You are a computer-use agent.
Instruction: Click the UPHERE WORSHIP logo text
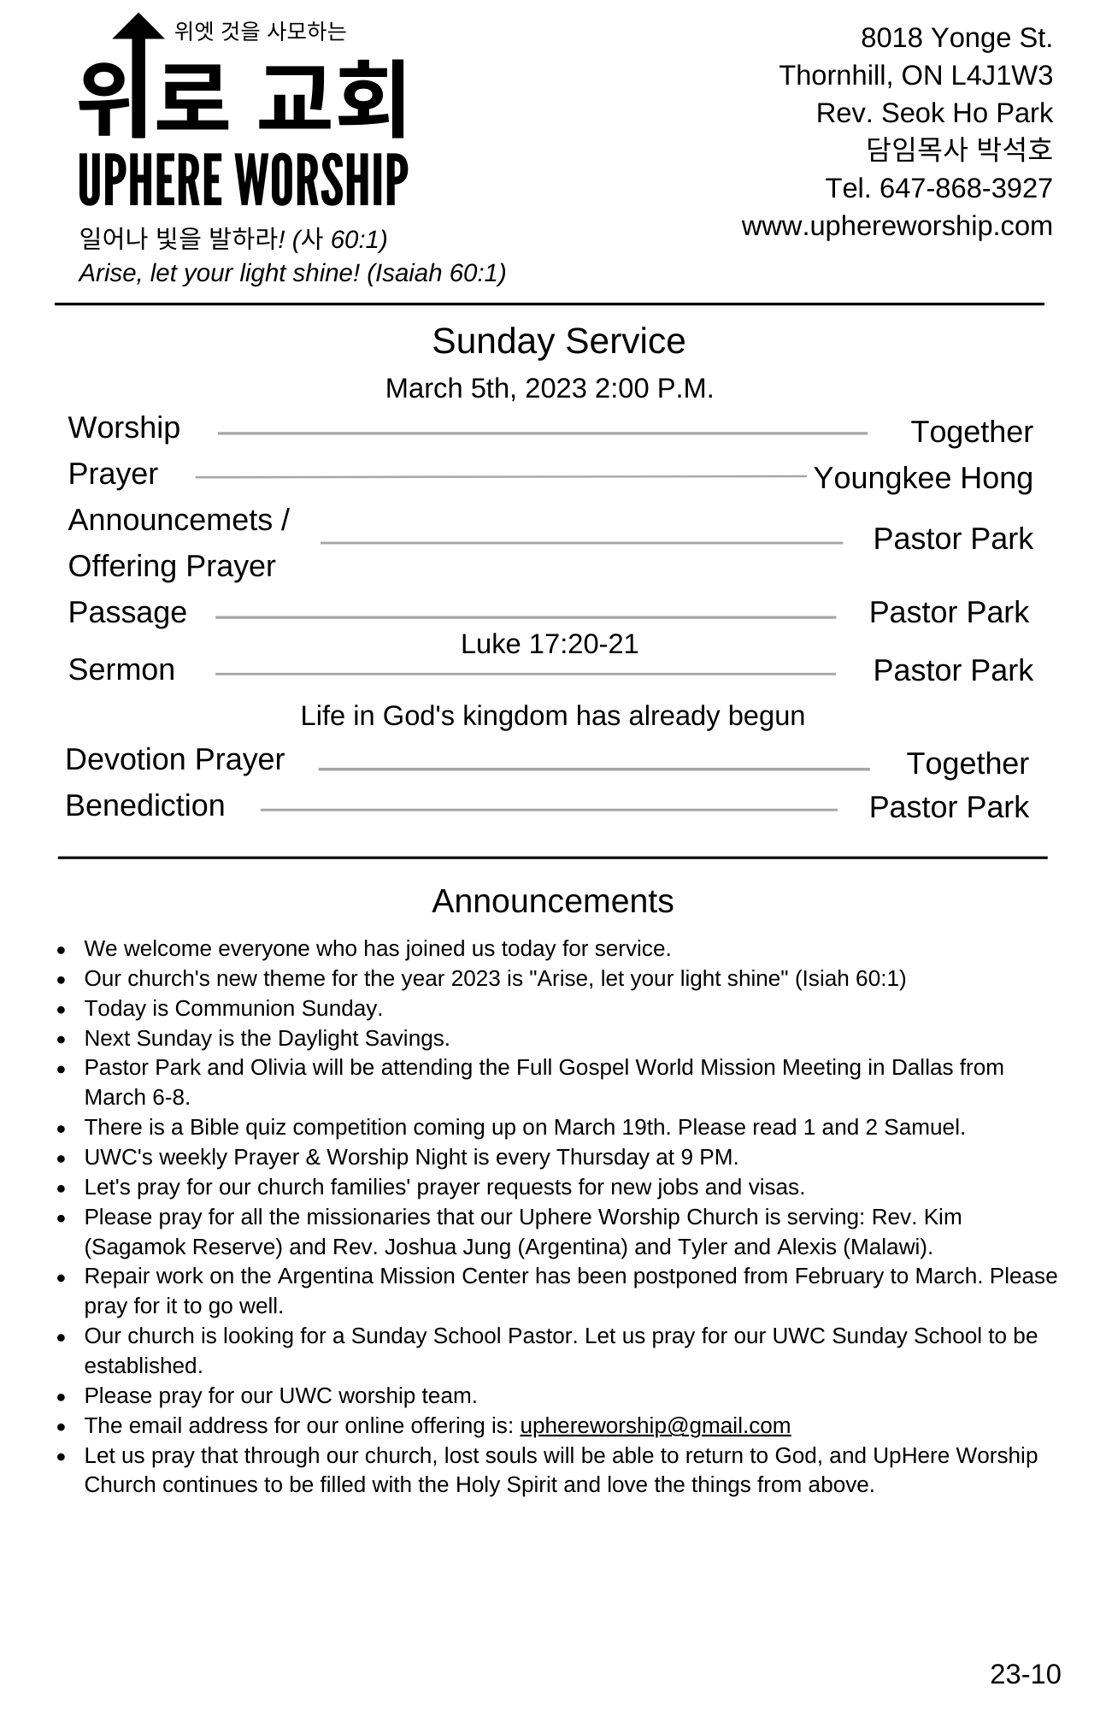click(244, 180)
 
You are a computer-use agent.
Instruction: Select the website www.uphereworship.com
click(897, 226)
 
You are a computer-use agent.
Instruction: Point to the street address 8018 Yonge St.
click(956, 38)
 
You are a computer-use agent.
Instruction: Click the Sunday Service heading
click(558, 341)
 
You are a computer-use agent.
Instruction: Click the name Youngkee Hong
click(922, 478)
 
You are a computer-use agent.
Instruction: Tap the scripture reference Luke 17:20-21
click(550, 644)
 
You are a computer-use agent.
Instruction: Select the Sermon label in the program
click(121, 669)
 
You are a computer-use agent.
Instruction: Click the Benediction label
click(145, 805)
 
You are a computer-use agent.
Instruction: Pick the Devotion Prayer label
click(174, 759)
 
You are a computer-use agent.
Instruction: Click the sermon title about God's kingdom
click(552, 716)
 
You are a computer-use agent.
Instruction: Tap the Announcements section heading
click(552, 901)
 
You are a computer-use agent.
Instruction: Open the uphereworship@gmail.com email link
click(655, 1425)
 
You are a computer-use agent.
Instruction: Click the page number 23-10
click(1025, 1673)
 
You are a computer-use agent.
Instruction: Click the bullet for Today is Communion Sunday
click(62, 1010)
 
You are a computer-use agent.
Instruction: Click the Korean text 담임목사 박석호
click(959, 150)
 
